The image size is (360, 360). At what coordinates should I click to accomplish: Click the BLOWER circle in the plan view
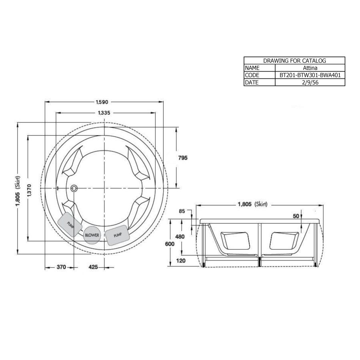[92, 235]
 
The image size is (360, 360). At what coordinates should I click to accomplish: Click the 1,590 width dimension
[102, 102]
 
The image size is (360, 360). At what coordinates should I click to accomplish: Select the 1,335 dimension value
[104, 113]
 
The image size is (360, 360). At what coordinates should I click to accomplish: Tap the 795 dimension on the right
[183, 158]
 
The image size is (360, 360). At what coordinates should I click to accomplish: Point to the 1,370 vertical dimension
[29, 190]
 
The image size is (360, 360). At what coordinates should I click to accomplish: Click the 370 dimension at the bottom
[61, 267]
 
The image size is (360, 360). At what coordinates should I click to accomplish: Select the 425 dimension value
[93, 267]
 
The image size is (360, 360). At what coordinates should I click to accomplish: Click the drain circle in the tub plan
[74, 188]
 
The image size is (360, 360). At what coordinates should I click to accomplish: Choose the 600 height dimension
[170, 244]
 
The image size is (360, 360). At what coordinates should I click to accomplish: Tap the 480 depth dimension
[180, 236]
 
